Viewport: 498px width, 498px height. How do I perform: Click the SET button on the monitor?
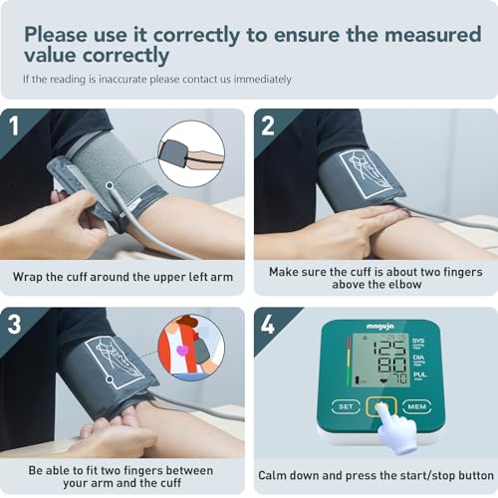tap(345, 406)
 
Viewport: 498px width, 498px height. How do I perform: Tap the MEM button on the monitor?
tap(416, 406)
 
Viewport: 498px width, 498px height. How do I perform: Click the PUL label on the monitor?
tap(419, 374)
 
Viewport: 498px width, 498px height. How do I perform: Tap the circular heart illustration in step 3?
tap(191, 347)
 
